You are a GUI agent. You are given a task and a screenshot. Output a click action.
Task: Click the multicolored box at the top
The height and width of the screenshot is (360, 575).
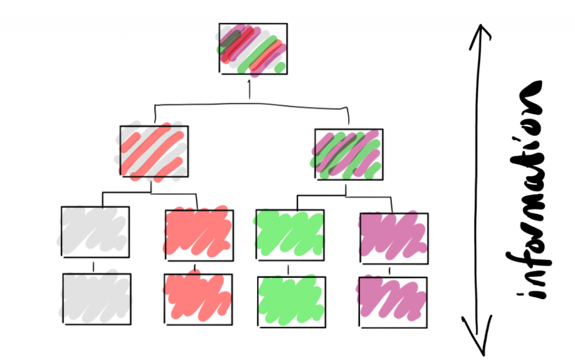pyautogui.click(x=253, y=48)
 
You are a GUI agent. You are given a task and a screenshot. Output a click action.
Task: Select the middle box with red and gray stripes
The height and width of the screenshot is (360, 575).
pyautogui.click(x=154, y=152)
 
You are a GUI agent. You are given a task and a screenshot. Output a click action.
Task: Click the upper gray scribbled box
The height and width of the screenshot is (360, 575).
pyautogui.click(x=95, y=232)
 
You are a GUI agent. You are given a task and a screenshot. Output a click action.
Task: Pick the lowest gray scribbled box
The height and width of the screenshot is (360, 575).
pyautogui.click(x=96, y=298)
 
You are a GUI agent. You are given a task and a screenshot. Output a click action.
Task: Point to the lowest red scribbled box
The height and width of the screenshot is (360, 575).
pyautogui.click(x=198, y=298)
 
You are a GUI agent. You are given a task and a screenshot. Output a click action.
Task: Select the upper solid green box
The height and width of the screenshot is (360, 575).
pyautogui.click(x=290, y=235)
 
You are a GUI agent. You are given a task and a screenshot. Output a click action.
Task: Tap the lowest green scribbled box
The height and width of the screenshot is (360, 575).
pyautogui.click(x=291, y=301)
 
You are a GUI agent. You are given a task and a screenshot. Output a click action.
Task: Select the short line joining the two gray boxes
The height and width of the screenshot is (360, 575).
pyautogui.click(x=94, y=266)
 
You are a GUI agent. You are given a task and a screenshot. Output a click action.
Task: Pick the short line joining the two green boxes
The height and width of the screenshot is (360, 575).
pyautogui.click(x=289, y=270)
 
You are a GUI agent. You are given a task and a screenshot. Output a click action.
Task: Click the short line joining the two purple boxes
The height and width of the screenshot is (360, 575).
pyautogui.click(x=390, y=271)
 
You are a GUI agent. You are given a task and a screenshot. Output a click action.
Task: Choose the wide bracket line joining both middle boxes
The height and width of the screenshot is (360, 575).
pyautogui.click(x=250, y=104)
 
